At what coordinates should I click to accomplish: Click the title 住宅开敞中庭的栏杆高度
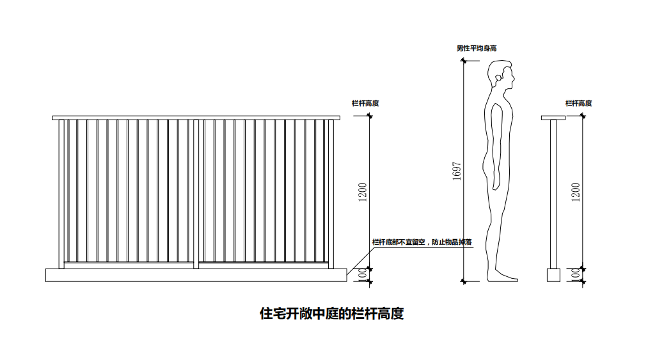coord(331,314)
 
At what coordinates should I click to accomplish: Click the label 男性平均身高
coord(476,48)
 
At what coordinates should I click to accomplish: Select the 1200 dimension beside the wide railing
coord(363,192)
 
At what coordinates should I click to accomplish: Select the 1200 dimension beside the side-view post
coord(576,192)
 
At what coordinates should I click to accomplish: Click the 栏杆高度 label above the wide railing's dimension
coord(365,103)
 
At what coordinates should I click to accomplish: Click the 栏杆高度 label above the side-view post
coord(578,103)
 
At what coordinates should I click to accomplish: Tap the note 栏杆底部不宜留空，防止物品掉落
coord(422,242)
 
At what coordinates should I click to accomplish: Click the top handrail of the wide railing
coord(196,118)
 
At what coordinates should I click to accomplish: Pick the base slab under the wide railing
coord(196,274)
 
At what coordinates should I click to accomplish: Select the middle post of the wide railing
coord(196,192)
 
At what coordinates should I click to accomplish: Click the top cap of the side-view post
coord(553,118)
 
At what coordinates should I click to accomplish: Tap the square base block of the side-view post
coord(553,274)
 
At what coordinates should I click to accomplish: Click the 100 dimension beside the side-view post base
coord(576,274)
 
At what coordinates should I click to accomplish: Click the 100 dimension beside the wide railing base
coord(363,274)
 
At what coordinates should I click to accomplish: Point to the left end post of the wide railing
coord(61,192)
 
